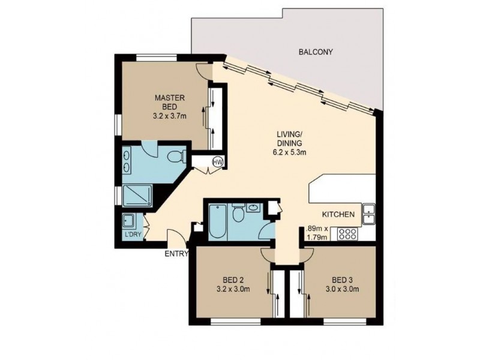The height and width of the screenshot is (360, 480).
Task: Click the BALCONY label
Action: [315, 52]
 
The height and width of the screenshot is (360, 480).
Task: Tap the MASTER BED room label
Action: [170, 102]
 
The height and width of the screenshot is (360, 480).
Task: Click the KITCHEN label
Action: [340, 214]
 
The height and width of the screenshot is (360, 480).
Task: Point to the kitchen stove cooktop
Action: [349, 233]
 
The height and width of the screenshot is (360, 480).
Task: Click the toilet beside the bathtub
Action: [238, 214]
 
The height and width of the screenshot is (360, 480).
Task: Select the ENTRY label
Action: [176, 254]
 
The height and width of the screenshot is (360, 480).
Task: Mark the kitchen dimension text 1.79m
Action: [316, 237]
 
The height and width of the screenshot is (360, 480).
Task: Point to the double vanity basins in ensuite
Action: [129, 161]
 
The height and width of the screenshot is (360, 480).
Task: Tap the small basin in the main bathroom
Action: [253, 208]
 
